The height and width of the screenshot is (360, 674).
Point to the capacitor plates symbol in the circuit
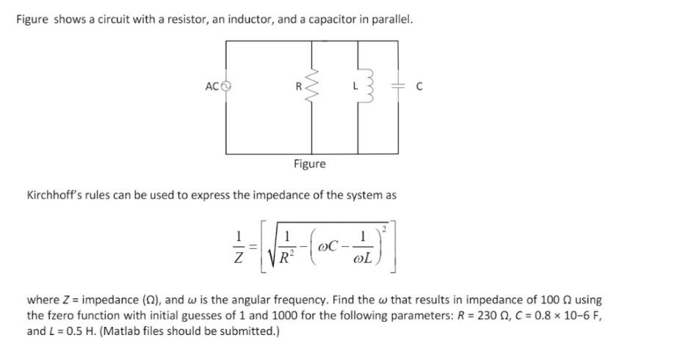click(x=397, y=86)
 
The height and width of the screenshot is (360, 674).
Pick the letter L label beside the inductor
click(x=347, y=86)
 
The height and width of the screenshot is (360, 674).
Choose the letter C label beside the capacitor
click(x=419, y=86)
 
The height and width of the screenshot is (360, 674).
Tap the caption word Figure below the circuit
click(x=309, y=164)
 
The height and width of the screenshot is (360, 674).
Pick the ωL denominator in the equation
click(x=362, y=259)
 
